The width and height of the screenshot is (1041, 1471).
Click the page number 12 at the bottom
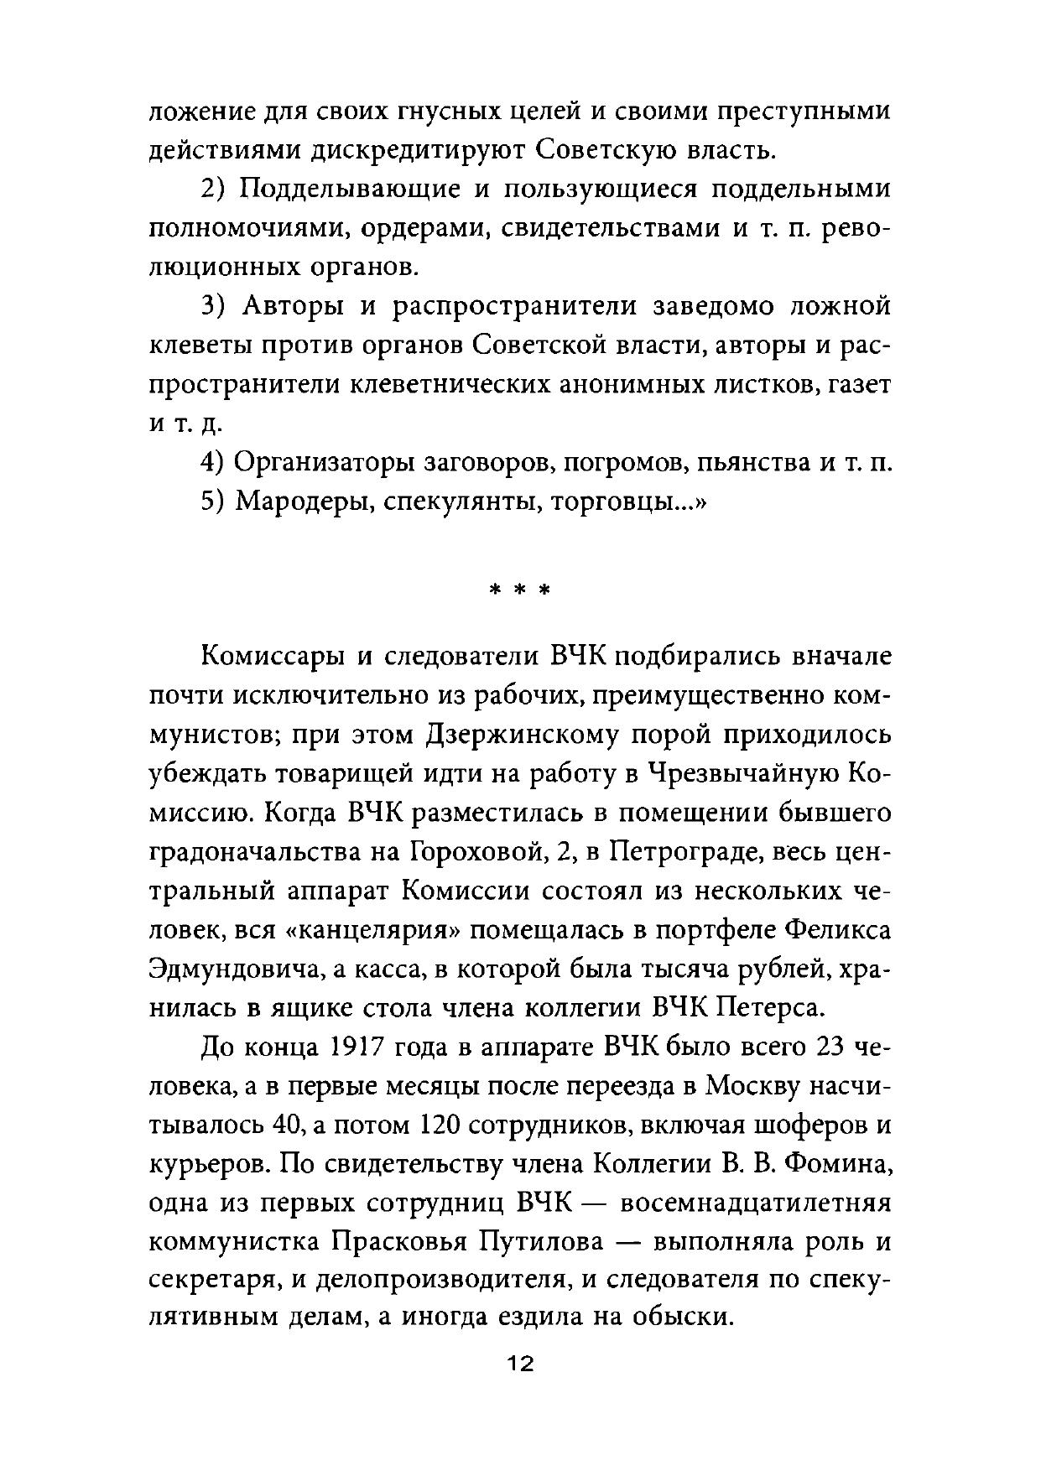[x=519, y=1364]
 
